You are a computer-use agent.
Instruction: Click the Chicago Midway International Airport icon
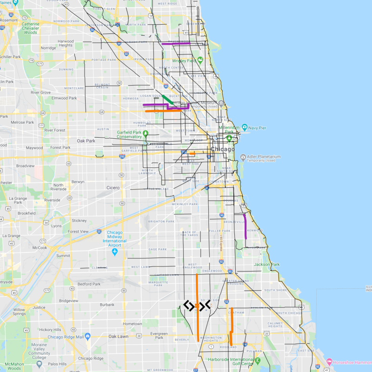pyautogui.click(x=114, y=252)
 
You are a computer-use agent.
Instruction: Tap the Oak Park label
pyautogui.click(x=86, y=140)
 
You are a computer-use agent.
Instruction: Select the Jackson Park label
pyautogui.click(x=267, y=265)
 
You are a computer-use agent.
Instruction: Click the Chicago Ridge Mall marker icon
pyautogui.click(x=87, y=336)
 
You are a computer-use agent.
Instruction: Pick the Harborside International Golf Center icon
pyautogui.click(x=259, y=360)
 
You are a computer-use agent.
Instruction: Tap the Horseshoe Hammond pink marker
pyautogui.click(x=329, y=361)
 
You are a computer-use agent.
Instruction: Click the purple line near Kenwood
pyautogui.click(x=246, y=226)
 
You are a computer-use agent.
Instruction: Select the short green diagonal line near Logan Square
pyautogui.click(x=167, y=100)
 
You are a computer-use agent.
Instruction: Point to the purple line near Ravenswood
pyautogui.click(x=176, y=44)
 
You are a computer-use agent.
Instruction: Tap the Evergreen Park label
pyautogui.click(x=159, y=336)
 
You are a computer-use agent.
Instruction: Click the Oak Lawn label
pyautogui.click(x=118, y=336)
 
